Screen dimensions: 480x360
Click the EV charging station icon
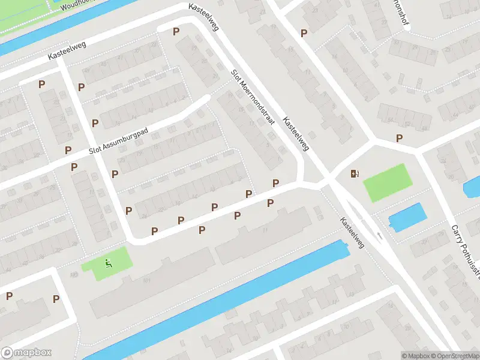pos(355,174)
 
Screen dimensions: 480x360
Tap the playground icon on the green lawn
pos(109,262)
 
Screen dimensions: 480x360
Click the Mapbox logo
pos(26,353)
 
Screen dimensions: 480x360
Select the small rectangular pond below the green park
pos(407,217)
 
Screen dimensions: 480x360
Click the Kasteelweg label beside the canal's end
pos(352,232)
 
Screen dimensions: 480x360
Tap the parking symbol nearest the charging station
pos(399,139)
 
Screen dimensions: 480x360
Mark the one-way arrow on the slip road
pos(379,236)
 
